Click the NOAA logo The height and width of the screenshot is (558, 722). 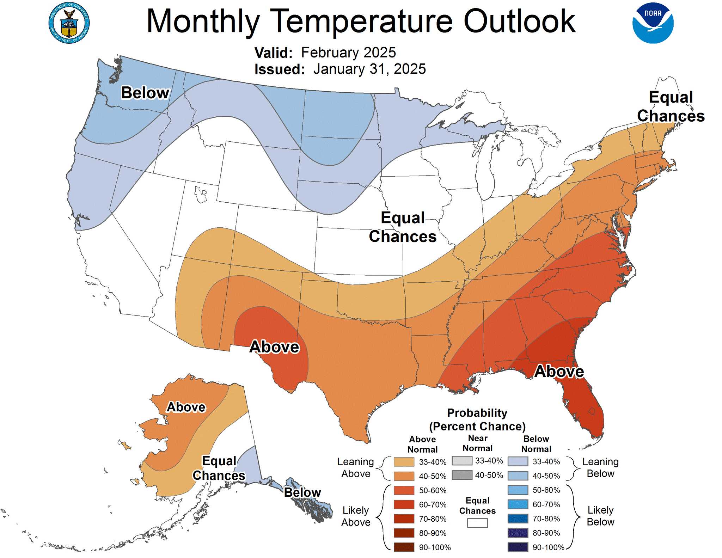pos(653,23)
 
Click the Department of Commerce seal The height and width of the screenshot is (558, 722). pos(69,23)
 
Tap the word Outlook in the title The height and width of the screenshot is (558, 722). pos(519,22)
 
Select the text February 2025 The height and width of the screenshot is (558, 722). pos(348,53)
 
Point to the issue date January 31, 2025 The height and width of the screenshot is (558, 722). pos(369,69)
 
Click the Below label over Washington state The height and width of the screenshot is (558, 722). pos(145,93)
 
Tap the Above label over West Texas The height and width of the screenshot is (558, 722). pos(274,347)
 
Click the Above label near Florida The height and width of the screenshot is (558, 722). pos(559,372)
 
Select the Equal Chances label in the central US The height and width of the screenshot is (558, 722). pos(403,227)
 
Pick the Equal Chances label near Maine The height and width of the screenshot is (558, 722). pos(671,106)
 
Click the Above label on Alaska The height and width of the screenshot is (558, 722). pos(186,407)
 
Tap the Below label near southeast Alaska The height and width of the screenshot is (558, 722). pos(302,492)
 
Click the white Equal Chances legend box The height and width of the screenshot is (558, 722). pos(477,523)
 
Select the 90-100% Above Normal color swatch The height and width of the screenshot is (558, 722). pos(404,547)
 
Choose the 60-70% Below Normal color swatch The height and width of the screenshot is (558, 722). pos(518,504)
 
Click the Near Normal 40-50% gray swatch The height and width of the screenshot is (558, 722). pos(462,475)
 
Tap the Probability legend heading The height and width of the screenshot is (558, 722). pos(477,419)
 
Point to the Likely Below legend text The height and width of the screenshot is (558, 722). pos(600,516)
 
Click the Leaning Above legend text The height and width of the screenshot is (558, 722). pos(355,468)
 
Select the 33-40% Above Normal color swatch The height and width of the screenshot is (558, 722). pos(404,462)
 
